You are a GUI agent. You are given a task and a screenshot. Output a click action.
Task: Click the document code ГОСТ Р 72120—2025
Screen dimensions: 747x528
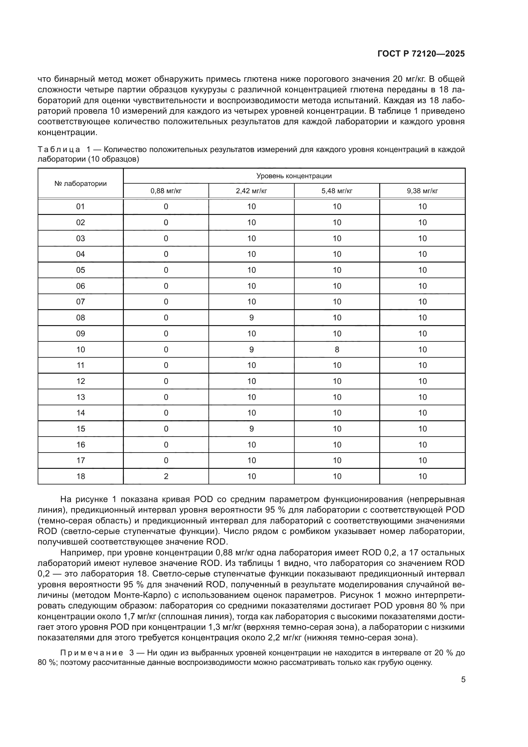[421, 54]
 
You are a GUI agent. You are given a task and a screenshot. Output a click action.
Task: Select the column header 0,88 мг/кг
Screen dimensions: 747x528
[166, 191]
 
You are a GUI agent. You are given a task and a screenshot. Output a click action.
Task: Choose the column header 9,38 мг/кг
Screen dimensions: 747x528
[422, 191]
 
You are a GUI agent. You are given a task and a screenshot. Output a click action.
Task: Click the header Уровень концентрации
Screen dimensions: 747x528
[294, 176]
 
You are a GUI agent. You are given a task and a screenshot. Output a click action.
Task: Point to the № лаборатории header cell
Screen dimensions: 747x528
[80, 184]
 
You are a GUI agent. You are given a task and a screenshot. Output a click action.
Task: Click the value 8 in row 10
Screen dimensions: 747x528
[337, 349]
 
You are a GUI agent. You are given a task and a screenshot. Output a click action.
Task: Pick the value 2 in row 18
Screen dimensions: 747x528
[166, 476]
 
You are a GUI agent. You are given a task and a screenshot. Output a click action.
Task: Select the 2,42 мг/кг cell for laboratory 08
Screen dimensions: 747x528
[251, 317]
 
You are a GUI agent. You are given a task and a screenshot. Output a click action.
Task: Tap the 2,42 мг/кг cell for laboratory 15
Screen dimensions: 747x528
[251, 429]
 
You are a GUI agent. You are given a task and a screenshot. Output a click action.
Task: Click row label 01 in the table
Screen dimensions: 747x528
[80, 207]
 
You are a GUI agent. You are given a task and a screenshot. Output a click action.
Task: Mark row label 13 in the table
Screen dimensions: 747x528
[80, 397]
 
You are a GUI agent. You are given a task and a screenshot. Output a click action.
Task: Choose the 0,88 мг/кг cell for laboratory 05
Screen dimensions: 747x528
[166, 270]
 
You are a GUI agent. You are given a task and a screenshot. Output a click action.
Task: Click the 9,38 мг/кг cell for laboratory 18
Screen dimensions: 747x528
[422, 476]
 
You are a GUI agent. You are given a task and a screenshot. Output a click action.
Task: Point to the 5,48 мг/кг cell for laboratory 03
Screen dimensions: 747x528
[337, 239]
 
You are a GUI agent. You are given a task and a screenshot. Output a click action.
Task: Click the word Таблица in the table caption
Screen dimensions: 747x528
[59, 150]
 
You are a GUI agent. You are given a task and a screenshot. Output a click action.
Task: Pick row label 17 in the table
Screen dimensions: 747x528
[80, 461]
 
